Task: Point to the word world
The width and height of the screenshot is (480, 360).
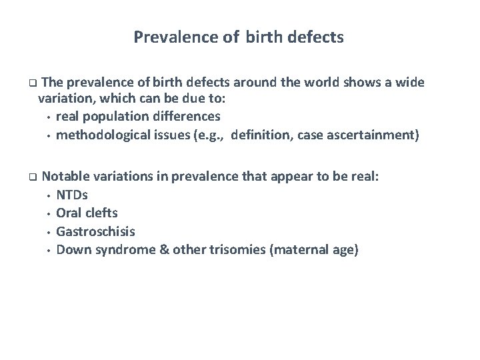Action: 319,83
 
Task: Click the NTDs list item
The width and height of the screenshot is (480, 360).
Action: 72,195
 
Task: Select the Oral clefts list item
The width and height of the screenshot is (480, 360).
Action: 87,213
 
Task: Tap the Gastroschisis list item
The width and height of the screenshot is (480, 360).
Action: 95,231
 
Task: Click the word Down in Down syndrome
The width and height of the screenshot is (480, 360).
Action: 71,249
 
